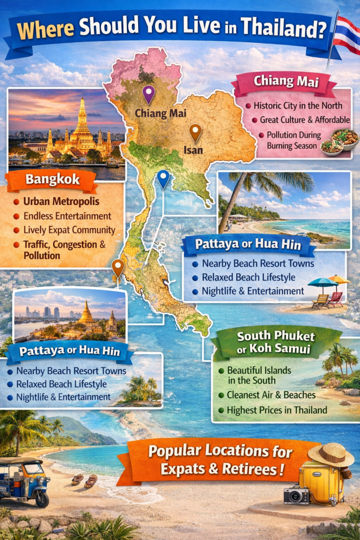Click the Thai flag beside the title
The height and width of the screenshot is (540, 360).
pos(346,36)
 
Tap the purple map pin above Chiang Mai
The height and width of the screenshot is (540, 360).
pos(149,93)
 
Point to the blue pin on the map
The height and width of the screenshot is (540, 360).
pos(163,178)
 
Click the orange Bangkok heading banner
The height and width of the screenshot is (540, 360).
pos(52,180)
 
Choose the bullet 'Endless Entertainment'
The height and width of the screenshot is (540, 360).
pos(67,216)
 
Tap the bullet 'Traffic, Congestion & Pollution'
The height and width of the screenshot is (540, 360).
pos(64,249)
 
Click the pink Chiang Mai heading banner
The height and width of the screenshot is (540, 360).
pos(285,82)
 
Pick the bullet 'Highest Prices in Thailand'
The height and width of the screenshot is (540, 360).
pos(277,410)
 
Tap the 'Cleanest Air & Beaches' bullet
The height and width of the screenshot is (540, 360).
pos(271,394)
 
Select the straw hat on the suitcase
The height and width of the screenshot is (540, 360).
pos(331,454)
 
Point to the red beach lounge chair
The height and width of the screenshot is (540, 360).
pos(335,298)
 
